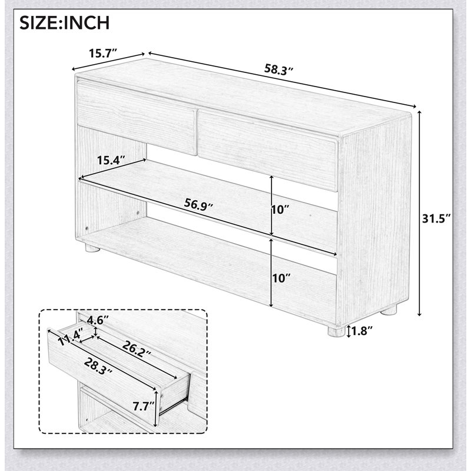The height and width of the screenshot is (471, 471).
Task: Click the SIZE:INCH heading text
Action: (x=65, y=23)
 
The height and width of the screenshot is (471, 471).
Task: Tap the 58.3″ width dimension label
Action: (x=278, y=69)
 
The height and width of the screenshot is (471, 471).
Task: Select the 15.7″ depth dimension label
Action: (x=102, y=54)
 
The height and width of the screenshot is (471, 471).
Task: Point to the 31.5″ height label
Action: (x=436, y=218)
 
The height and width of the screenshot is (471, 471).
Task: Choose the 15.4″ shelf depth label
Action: (x=111, y=160)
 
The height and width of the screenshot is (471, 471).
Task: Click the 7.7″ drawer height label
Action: (x=144, y=407)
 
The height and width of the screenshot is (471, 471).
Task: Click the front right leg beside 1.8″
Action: (x=336, y=331)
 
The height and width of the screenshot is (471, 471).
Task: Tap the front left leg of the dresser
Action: (x=92, y=247)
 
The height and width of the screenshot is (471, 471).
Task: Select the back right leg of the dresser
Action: (x=389, y=310)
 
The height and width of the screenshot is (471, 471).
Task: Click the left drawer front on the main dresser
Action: (x=137, y=117)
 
